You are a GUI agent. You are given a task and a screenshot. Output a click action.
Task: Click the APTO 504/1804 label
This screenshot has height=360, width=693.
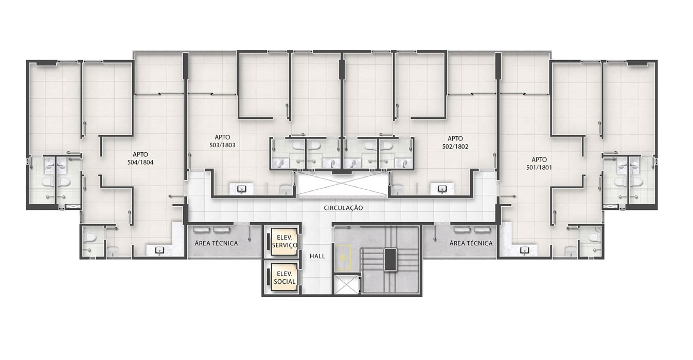tap(140, 158)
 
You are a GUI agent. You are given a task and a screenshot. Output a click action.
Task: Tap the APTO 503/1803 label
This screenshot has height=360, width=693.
tap(222, 141)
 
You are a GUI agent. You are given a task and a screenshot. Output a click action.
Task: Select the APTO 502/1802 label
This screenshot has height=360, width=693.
tap(455, 142)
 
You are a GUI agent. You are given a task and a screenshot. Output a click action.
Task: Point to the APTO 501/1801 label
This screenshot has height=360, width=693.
tap(539, 164)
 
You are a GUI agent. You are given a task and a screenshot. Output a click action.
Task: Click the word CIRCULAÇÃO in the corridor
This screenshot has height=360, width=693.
tap(343, 208)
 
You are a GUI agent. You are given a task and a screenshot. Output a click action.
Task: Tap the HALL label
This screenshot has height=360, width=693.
tap(317, 256)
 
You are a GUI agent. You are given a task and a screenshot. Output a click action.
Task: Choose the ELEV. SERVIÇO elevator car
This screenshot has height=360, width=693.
tap(284, 242)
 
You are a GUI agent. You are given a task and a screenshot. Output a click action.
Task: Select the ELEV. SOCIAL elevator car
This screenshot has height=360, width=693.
tap(284, 277)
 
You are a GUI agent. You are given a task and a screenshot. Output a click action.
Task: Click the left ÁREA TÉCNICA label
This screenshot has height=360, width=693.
tap(216, 243)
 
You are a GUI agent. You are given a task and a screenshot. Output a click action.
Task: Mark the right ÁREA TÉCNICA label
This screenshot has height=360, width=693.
tap(471, 243)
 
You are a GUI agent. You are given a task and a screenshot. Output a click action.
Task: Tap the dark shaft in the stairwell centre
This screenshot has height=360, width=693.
tap(390, 260)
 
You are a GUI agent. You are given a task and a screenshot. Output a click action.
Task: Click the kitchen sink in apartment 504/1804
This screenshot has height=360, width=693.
tap(159, 250)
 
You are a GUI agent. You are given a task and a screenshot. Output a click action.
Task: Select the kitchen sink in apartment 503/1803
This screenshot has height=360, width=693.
tap(242, 188)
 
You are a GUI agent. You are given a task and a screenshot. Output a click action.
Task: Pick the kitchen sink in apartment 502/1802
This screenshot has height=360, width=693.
tap(442, 188)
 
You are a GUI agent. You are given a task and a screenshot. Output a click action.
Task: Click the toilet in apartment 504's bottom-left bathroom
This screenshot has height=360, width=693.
tap(91, 238)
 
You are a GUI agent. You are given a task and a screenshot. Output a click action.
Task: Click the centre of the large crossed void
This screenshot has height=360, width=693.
tap(343, 184)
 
